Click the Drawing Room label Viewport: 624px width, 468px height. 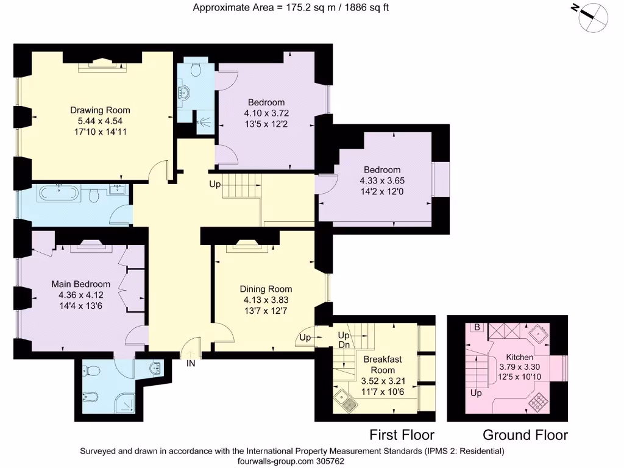100,110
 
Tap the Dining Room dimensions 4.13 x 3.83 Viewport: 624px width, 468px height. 266,300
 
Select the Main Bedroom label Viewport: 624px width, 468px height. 81,284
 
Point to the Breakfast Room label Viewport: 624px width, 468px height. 383,364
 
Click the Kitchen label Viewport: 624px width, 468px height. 519,357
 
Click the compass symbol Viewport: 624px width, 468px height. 592,17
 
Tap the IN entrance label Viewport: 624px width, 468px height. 191,363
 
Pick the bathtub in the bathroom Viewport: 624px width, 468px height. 58,194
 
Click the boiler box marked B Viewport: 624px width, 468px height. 477,327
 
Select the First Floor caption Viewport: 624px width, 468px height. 402,435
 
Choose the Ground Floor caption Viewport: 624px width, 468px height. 525,435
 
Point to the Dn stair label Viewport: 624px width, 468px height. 344,345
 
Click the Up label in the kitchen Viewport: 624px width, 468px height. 476,393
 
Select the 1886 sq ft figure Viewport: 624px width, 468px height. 366,7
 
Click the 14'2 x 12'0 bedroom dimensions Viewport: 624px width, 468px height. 382,191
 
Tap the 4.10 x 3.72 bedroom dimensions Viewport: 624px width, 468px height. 266,113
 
